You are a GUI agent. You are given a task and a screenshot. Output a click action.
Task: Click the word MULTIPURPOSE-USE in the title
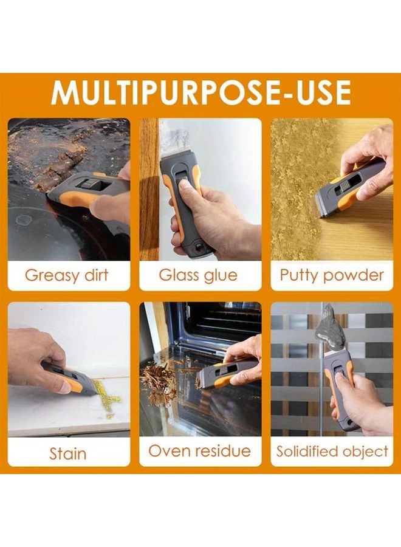coord(200,92)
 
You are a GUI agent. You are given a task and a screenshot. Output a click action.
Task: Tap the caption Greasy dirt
coord(67,275)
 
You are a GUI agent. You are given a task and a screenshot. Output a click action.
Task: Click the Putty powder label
coord(332,275)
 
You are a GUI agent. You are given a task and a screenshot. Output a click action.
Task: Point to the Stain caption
coord(68,453)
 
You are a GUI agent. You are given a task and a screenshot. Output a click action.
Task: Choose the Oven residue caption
coord(200,451)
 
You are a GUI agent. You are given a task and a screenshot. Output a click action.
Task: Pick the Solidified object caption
coord(332,452)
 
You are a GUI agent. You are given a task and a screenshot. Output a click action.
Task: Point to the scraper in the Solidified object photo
coord(340,389)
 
